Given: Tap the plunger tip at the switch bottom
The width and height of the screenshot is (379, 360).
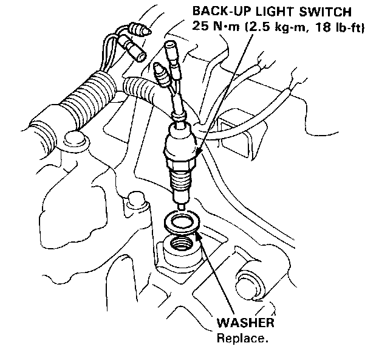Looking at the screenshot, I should click(x=183, y=207).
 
